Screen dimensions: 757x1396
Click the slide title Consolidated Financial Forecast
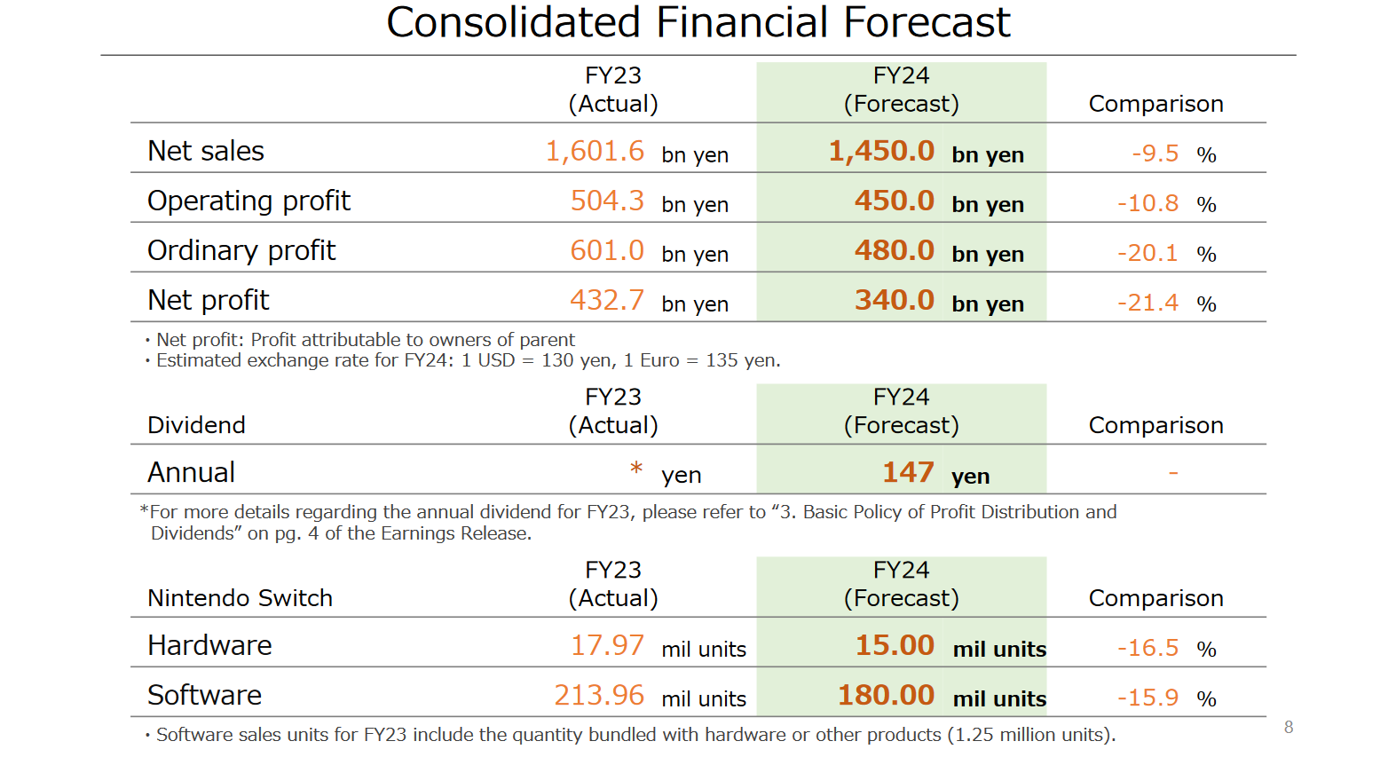[698, 23]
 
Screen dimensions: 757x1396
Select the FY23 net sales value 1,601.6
[594, 152]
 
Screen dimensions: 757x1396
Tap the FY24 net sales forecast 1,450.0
[880, 152]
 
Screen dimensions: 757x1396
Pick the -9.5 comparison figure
[1155, 154]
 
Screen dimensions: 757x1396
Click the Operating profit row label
[248, 201]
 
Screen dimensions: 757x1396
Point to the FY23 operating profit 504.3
[606, 201]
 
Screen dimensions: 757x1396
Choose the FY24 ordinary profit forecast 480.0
[894, 251]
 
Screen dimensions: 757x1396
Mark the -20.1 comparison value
[1147, 253]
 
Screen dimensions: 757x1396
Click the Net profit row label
[208, 301]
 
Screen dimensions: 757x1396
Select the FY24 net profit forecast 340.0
[894, 301]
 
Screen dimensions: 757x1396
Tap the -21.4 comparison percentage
[1147, 303]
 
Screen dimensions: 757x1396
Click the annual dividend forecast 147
[907, 473]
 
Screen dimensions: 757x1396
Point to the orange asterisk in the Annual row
[635, 469]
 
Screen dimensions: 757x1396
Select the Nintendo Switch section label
[240, 598]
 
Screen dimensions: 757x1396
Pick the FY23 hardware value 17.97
[606, 646]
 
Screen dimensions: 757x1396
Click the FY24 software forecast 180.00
[885, 696]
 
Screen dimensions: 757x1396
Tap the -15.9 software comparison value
[1147, 698]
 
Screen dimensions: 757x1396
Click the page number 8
[1288, 728]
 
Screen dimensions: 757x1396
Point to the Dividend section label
[196, 425]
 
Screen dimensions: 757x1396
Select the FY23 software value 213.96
[598, 696]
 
